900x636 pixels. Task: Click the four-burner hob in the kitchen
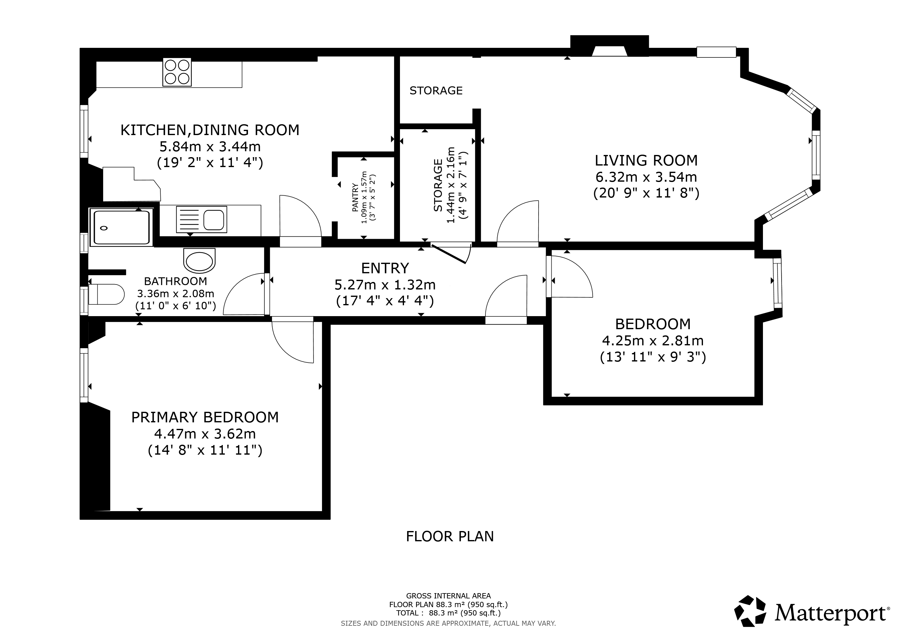click(x=177, y=72)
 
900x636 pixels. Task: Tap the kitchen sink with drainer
click(x=201, y=219)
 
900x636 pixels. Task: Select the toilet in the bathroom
click(x=106, y=294)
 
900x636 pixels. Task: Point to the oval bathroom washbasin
click(x=200, y=261)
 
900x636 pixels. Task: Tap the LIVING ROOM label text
click(x=646, y=161)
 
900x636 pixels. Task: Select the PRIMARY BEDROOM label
click(x=205, y=417)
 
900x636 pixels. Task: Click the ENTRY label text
click(x=385, y=268)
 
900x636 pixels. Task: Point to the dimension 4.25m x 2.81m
click(x=653, y=341)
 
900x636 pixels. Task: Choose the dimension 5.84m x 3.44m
click(x=210, y=147)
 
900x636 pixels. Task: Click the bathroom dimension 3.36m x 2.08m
click(x=176, y=294)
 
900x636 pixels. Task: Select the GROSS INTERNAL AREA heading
click(x=448, y=596)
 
